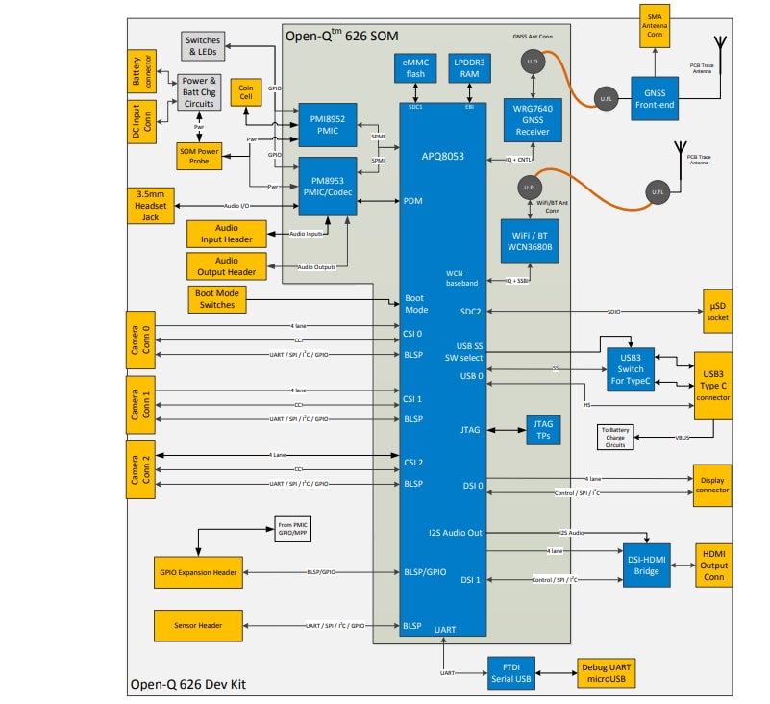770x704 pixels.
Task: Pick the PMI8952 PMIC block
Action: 328,125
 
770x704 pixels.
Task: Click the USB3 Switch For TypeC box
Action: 632,366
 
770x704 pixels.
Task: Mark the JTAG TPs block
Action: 543,429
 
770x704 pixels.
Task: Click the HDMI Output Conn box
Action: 714,566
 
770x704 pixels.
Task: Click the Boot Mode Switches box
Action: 216,298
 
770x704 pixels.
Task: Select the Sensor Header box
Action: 197,626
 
